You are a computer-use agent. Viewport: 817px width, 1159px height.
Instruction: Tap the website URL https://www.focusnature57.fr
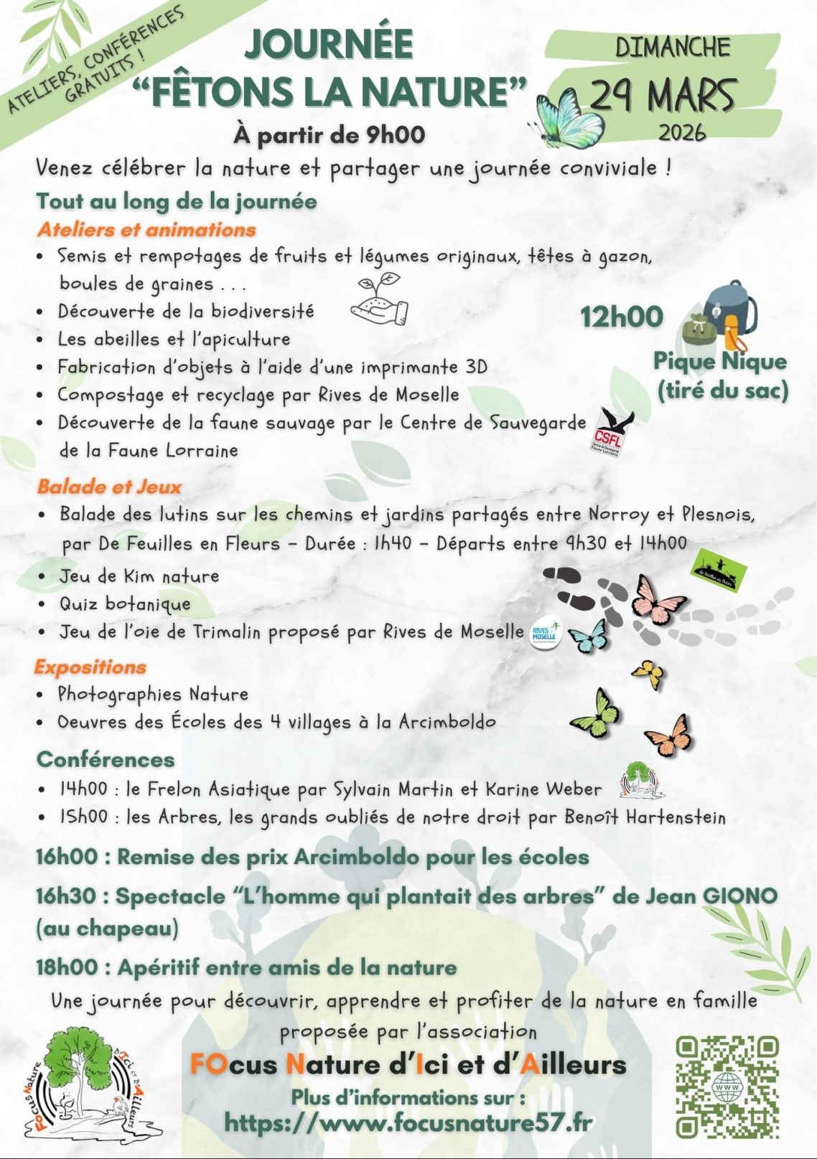click(408, 1122)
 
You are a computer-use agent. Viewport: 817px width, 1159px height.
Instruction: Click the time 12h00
click(621, 316)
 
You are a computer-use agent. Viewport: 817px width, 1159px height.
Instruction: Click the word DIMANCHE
click(672, 48)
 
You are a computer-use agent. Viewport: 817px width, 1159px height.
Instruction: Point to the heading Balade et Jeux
click(109, 487)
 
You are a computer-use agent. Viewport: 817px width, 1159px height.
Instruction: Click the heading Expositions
click(90, 667)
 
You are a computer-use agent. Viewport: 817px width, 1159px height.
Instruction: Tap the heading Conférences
click(106, 759)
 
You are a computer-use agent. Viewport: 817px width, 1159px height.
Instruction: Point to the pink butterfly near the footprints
click(658, 600)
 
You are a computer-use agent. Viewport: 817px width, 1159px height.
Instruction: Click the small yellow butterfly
click(648, 674)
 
